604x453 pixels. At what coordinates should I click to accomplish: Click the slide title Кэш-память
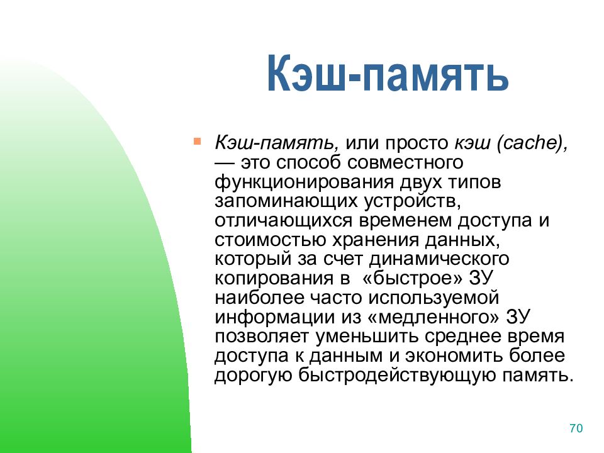click(x=388, y=73)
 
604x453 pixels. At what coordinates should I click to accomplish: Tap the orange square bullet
click(x=197, y=142)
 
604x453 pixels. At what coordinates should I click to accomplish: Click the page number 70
click(x=576, y=428)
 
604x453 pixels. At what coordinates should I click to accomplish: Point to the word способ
click(x=309, y=163)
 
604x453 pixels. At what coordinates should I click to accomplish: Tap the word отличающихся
click(x=284, y=221)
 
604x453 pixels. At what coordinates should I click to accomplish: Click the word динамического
click(x=439, y=259)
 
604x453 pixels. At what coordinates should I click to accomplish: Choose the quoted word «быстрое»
click(x=412, y=278)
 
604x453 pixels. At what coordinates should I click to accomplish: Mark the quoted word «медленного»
click(x=433, y=317)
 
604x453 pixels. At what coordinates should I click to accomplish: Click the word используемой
click(x=433, y=298)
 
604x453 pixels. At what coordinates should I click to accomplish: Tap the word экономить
click(x=454, y=355)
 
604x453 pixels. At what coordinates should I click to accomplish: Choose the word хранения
click(x=375, y=240)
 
